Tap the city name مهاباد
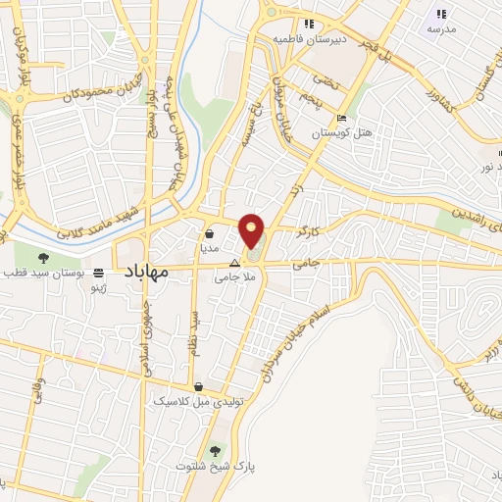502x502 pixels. click(142, 271)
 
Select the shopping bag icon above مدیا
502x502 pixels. click(210, 234)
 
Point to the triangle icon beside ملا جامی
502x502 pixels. click(233, 264)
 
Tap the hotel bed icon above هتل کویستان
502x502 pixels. click(341, 117)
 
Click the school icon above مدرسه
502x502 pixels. click(441, 15)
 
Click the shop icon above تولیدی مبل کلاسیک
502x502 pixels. click(199, 387)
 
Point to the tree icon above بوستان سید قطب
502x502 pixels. click(43, 257)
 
